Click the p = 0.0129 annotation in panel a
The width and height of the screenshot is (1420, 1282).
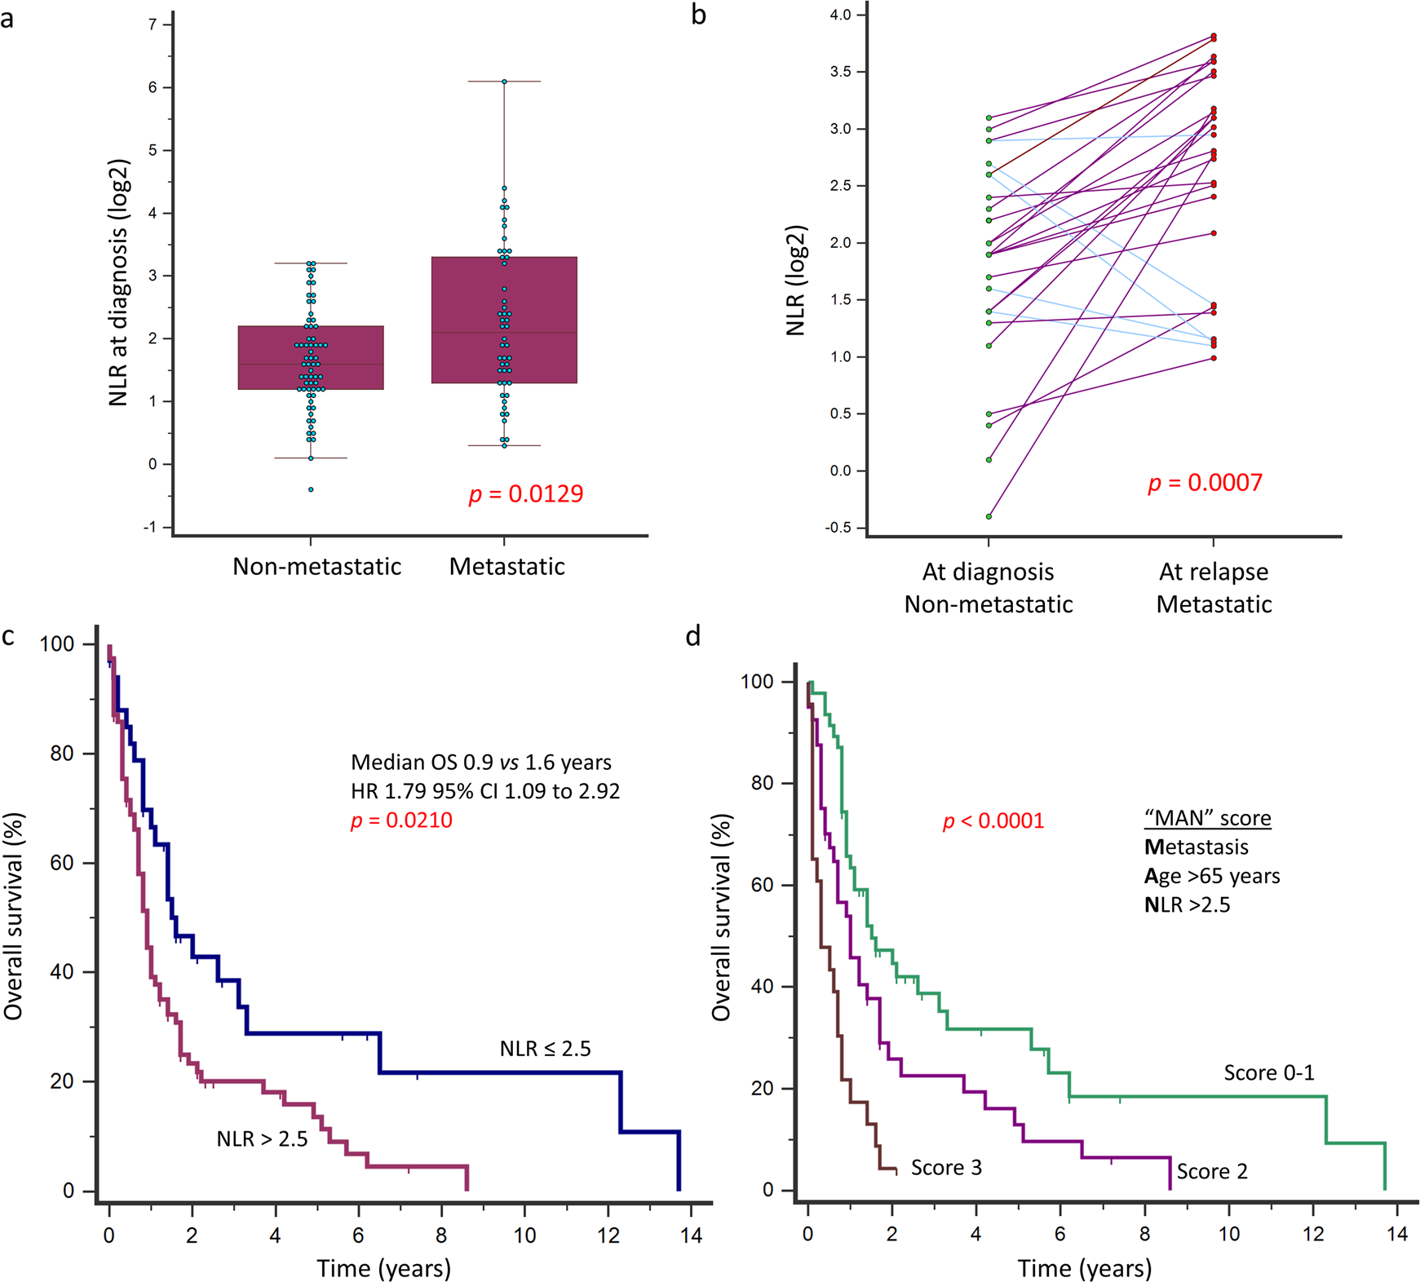tap(526, 494)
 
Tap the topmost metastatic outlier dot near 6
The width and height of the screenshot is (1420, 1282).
tap(504, 82)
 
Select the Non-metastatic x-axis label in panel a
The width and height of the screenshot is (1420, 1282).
tap(316, 567)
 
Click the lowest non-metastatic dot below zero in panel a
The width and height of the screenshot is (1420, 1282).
tap(311, 489)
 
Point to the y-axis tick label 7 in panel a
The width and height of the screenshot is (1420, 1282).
tap(153, 25)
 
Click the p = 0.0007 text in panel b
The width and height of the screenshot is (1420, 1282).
tap(1205, 483)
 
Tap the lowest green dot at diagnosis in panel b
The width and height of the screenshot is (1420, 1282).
tap(989, 516)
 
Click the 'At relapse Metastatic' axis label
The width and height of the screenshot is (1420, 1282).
tap(1214, 588)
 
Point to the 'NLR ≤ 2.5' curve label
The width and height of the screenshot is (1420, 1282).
tap(545, 1049)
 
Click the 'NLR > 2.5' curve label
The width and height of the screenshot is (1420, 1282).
tap(262, 1139)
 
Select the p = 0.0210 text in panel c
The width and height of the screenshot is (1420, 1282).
tap(401, 820)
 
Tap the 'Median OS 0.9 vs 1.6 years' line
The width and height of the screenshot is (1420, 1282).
tap(480, 763)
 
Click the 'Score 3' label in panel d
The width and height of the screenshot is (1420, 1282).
tap(946, 1168)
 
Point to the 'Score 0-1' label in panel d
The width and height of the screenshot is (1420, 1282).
tap(1268, 1073)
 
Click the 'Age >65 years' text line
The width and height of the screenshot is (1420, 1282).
tap(1211, 876)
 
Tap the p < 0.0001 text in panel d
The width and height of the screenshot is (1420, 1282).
tap(993, 820)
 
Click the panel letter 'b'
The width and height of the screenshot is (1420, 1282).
tap(698, 16)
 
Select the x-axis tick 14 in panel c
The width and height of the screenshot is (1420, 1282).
tap(690, 1235)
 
